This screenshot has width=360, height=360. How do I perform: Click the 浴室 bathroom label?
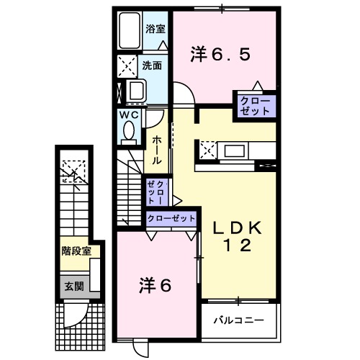[156, 30]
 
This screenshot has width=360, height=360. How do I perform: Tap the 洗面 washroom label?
[151, 65]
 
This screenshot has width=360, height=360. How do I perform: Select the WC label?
[129, 115]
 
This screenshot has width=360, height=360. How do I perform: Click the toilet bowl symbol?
[129, 132]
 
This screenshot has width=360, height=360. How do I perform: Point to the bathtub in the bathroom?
[130, 30]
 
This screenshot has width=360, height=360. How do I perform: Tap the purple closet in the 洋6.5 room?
[254, 106]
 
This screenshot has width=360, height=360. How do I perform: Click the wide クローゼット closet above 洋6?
[171, 217]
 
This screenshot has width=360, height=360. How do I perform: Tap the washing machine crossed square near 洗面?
[127, 67]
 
